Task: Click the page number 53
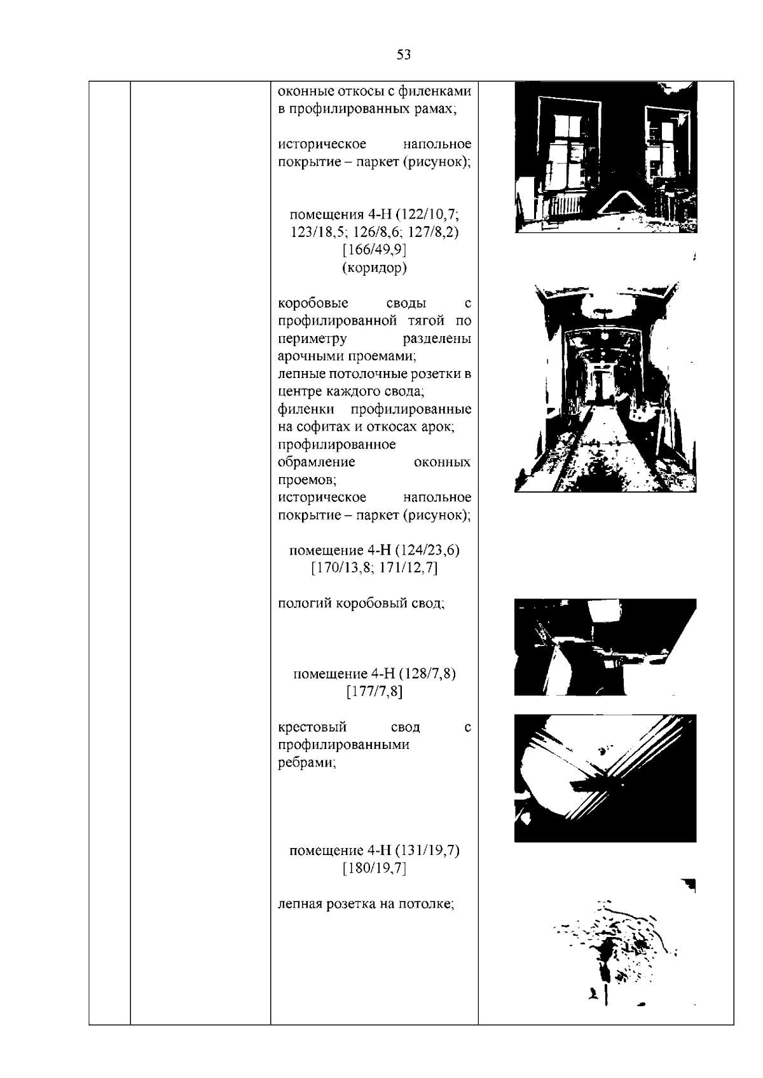click(404, 55)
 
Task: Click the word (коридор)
click(375, 267)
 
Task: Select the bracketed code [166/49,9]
click(375, 250)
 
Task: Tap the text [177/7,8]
click(375, 692)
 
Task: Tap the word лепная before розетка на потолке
click(301, 905)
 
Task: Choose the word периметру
click(312, 339)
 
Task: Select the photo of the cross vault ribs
click(605, 778)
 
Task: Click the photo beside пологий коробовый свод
click(605, 647)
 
